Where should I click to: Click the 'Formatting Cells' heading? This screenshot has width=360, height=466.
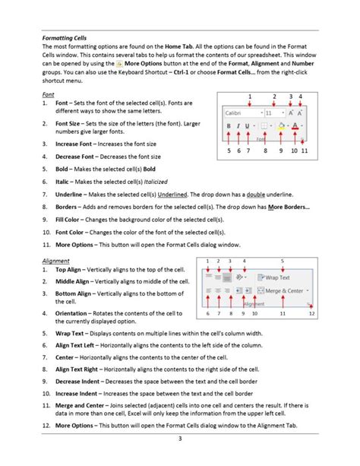pos(65,36)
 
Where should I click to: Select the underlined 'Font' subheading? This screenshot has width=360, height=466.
pos(48,93)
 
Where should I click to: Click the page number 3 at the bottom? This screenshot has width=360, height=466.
pos(179,439)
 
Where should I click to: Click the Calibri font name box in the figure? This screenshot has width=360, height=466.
pos(239,112)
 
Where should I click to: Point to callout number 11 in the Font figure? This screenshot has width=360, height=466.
pos(304,151)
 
